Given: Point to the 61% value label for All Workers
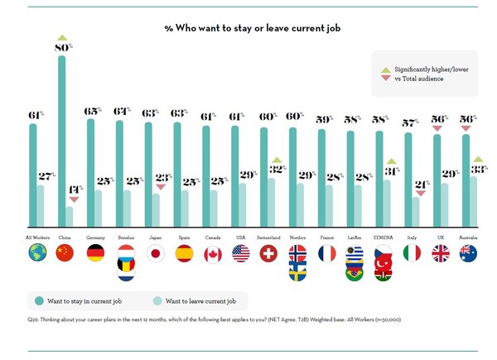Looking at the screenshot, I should [x=36, y=115].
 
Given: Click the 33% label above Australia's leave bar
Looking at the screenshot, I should [x=478, y=169].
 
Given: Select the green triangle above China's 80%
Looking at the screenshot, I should [x=62, y=38].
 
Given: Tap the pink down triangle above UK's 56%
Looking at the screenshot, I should [x=439, y=128].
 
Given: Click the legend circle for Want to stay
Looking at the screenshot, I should [x=37, y=300].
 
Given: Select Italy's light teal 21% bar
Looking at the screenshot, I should [x=417, y=212].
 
